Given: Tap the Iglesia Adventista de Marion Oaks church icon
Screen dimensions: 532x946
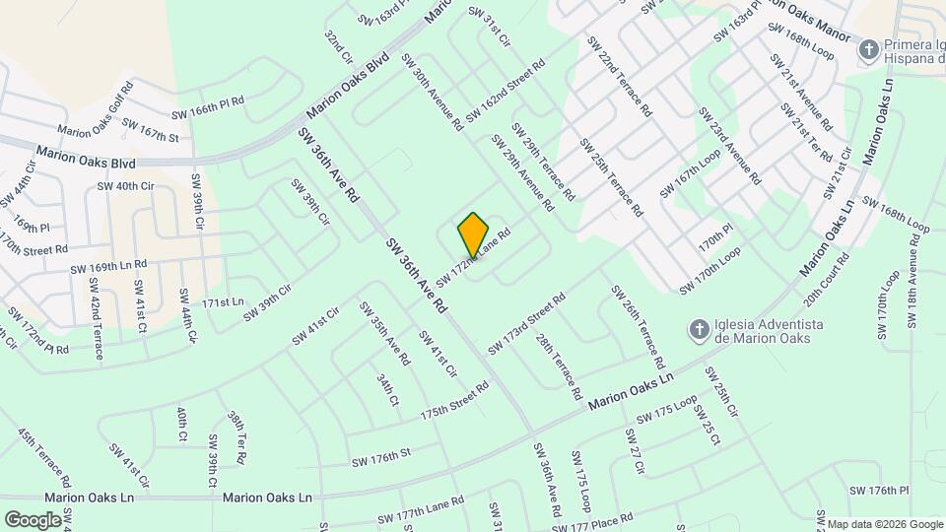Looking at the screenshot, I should pos(698,329).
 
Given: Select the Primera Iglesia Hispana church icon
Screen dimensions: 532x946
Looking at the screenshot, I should pos(869,47).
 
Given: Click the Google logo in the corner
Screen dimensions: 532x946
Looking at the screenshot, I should pos(33,519).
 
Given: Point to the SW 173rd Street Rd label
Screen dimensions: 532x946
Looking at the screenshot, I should pos(526,324).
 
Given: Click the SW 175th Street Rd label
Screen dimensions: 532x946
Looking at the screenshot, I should pos(454,401).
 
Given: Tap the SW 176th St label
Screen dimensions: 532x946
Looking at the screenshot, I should pos(380,457).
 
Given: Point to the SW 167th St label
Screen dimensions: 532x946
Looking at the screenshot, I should pos(150,130).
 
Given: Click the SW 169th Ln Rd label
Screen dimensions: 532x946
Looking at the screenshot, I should pos(108,266).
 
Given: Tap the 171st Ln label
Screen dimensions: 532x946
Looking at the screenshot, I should pos(223,301).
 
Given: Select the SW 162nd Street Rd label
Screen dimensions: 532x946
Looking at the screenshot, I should pos(506,93).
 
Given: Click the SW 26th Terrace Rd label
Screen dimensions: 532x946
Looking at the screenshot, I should pos(637,326).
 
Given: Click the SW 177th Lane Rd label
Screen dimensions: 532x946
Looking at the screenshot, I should pos(421,512).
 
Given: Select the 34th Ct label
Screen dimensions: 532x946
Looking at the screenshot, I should pos(387,389).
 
